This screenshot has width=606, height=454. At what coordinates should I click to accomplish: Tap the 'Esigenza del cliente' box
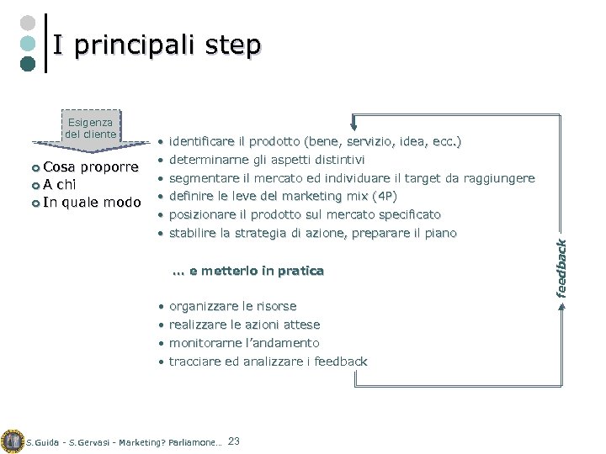pyautogui.click(x=91, y=128)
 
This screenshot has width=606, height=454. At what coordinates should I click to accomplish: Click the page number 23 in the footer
pyautogui.click(x=234, y=441)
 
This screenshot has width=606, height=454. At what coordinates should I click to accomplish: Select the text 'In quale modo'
pyautogui.click(x=92, y=202)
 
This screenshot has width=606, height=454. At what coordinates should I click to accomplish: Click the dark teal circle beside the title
pyautogui.click(x=28, y=63)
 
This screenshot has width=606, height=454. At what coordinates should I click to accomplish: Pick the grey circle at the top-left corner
pyautogui.click(x=28, y=23)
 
